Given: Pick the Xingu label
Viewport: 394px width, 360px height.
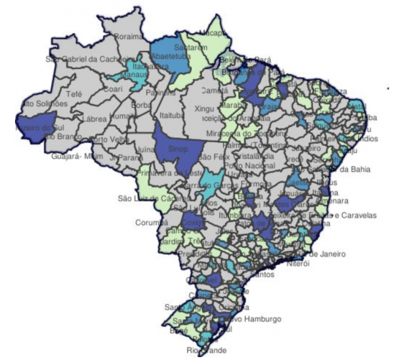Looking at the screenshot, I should click(205, 109).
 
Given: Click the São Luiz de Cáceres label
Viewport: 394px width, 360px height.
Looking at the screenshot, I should click(146, 198).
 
